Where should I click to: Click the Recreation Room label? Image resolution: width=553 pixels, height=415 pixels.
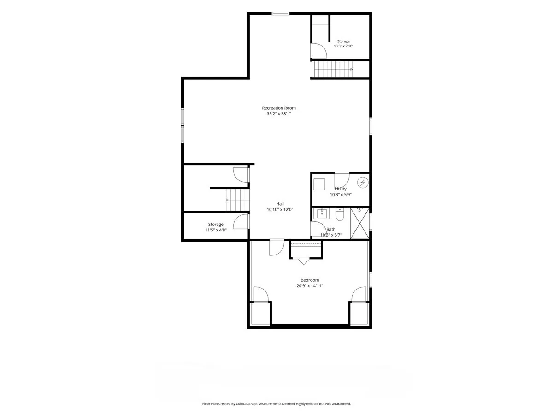pyautogui.click(x=279, y=108)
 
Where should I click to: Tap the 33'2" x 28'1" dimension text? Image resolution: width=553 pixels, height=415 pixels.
pyautogui.click(x=279, y=113)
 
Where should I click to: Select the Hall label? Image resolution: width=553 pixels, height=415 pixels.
pyautogui.click(x=280, y=204)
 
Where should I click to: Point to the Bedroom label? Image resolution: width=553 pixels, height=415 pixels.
pyautogui.click(x=310, y=280)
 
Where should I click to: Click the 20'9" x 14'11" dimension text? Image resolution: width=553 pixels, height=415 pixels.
pyautogui.click(x=310, y=286)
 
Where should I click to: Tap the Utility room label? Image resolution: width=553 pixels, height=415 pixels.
pyautogui.click(x=341, y=189)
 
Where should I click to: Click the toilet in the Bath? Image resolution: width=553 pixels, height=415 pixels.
pyautogui.click(x=340, y=214)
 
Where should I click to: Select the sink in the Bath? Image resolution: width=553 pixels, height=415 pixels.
pyautogui.click(x=322, y=213)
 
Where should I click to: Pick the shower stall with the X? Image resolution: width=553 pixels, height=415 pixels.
pyautogui.click(x=359, y=223)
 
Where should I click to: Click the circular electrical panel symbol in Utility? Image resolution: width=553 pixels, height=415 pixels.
pyautogui.click(x=363, y=183)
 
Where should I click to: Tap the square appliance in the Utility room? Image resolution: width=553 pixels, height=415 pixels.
pyautogui.click(x=319, y=184)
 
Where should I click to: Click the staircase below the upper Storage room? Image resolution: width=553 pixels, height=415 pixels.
pyautogui.click(x=333, y=69)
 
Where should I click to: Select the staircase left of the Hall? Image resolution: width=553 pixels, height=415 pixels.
pyautogui.click(x=237, y=200)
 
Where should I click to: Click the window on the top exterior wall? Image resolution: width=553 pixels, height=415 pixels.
pyautogui.click(x=280, y=14)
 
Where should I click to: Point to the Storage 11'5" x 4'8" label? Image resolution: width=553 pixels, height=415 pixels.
pyautogui.click(x=216, y=227)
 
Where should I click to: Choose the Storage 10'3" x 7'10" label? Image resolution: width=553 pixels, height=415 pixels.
pyautogui.click(x=343, y=44)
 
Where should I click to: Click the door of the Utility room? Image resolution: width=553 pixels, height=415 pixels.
pyautogui.click(x=342, y=180)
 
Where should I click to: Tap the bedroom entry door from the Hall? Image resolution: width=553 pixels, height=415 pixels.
pyautogui.click(x=277, y=248)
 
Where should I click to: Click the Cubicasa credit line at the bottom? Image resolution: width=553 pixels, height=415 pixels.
pyautogui.click(x=276, y=403)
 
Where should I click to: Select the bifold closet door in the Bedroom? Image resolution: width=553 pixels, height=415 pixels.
pyautogui.click(x=304, y=261)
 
